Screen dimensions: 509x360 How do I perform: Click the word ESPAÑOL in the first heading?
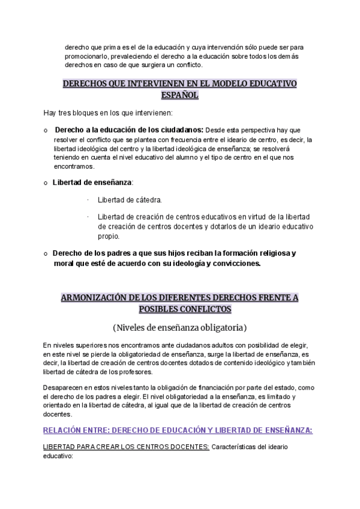point(179,95)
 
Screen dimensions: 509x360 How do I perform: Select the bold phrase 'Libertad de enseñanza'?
point(92,182)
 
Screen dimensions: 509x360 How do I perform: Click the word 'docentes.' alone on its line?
point(58,414)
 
